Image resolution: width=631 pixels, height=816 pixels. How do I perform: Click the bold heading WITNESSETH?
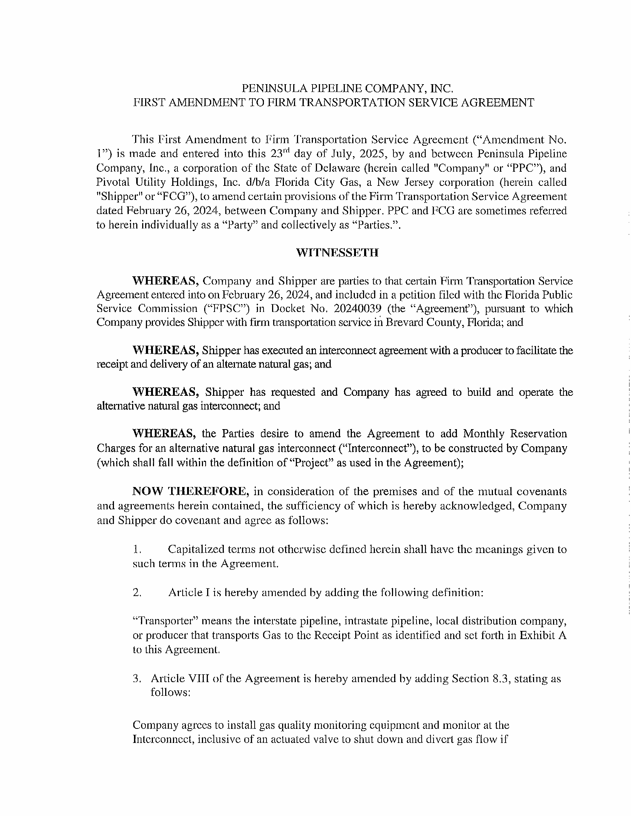coord(337,253)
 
